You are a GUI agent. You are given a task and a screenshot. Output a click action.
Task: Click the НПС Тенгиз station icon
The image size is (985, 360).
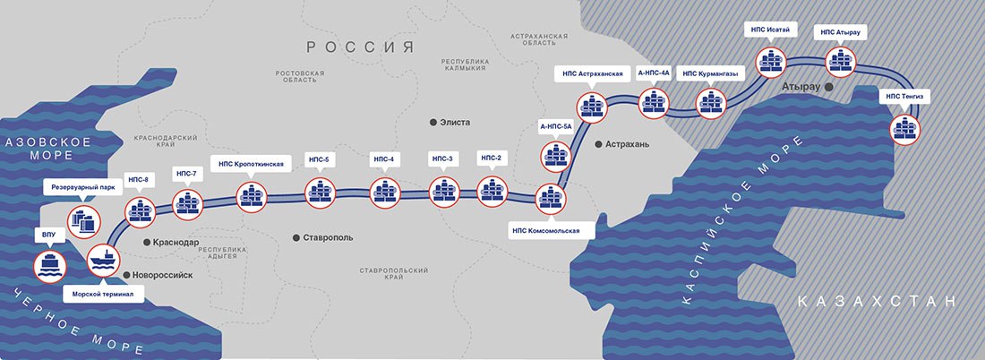[x=905, y=130]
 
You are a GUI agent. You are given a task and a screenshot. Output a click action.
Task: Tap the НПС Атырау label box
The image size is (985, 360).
[x=841, y=32]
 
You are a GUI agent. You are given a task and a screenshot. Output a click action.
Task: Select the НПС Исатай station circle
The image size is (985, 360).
[x=771, y=62]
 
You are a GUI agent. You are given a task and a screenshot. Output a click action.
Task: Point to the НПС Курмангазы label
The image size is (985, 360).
[x=710, y=74]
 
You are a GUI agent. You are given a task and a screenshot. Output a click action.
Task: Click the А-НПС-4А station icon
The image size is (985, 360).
[x=654, y=103]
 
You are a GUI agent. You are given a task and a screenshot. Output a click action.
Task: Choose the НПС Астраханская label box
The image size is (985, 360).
[x=593, y=74]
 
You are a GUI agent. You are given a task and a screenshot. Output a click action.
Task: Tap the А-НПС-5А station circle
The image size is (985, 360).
[x=556, y=157]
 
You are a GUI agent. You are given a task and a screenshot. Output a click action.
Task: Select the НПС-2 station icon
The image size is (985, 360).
[x=492, y=192]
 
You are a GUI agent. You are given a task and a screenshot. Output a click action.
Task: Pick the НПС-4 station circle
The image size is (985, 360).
[x=384, y=193]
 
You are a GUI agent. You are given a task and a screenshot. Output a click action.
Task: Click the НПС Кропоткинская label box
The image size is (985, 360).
[x=252, y=165]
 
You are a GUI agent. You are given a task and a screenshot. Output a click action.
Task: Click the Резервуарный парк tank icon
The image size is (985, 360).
[x=84, y=222]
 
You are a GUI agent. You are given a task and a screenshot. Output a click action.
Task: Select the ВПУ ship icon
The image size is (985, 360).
[x=49, y=266]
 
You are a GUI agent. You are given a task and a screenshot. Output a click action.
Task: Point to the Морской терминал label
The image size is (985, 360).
[x=104, y=294]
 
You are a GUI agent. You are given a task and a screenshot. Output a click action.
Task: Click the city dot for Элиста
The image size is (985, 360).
[x=433, y=123]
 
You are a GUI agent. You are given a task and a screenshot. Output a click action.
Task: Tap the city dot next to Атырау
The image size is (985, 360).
[x=829, y=88]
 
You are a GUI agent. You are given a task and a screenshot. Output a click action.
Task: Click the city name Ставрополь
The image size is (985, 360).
[x=328, y=237]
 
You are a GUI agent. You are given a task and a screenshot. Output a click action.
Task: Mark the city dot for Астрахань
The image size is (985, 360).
[x=597, y=144]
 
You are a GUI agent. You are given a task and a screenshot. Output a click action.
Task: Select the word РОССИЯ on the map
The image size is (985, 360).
[x=361, y=47]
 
